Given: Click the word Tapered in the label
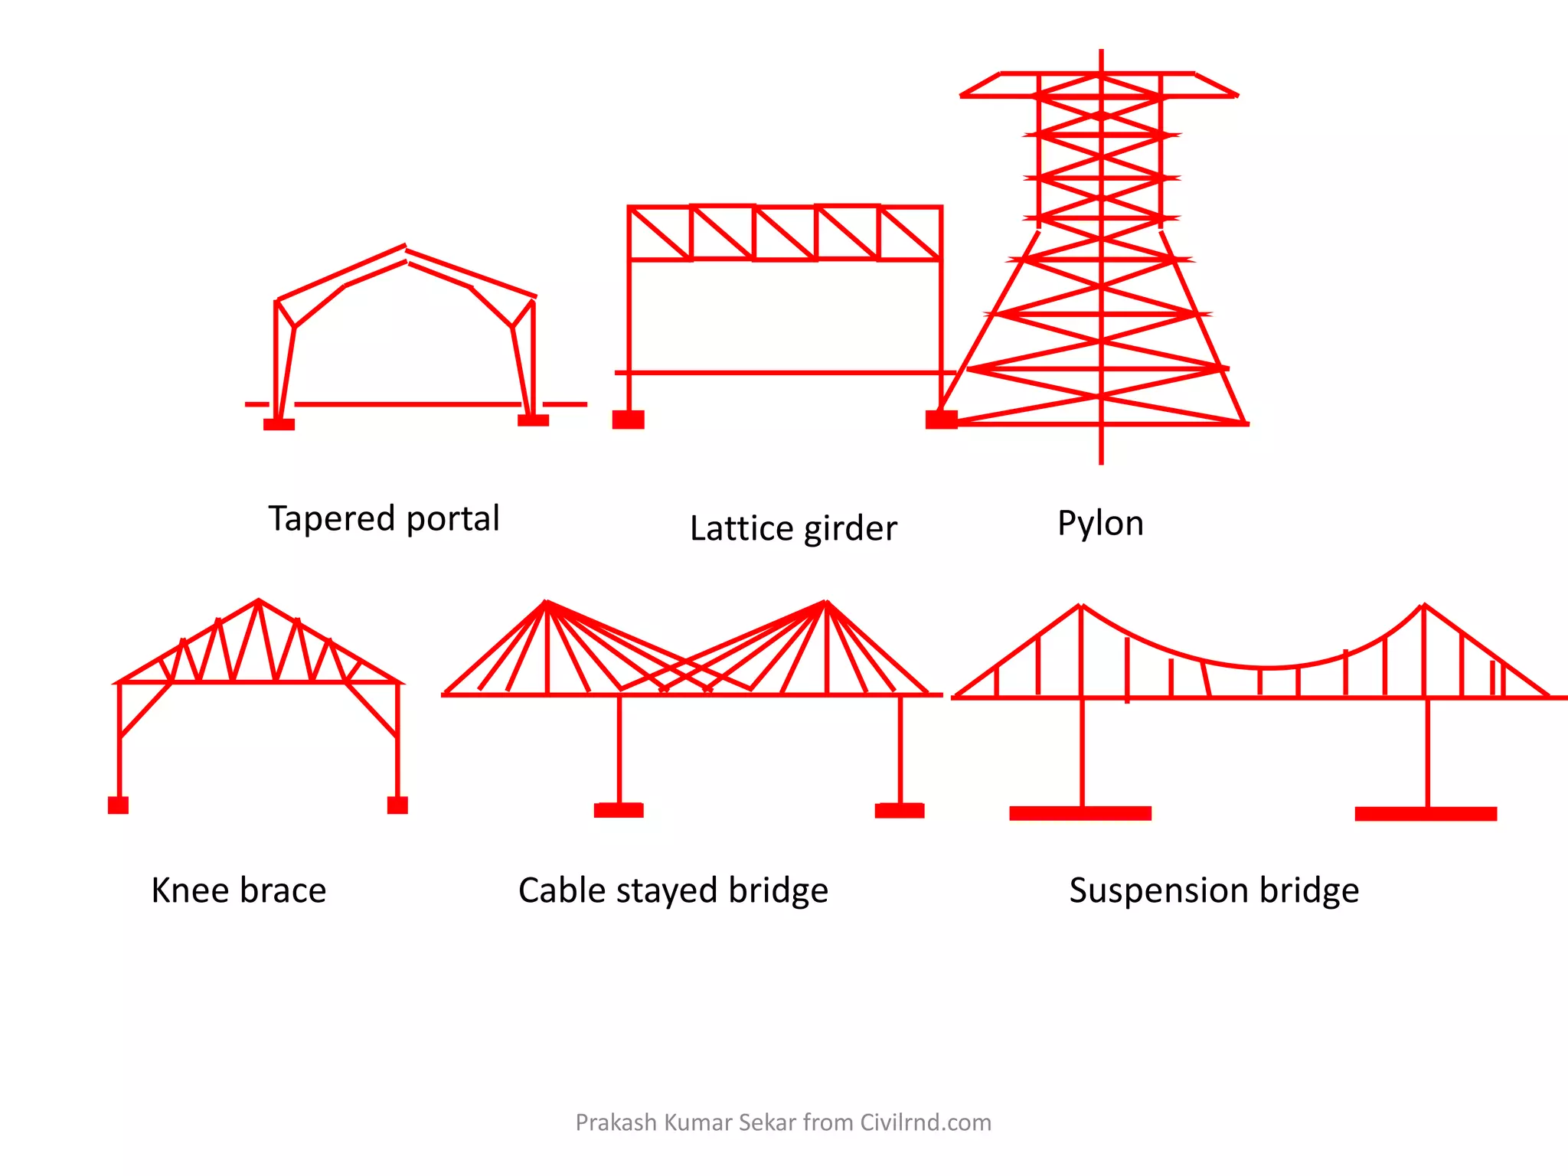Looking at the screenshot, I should click(x=331, y=519).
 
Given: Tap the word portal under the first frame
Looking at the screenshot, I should click(x=452, y=518).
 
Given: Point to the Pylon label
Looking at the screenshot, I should click(x=1100, y=524).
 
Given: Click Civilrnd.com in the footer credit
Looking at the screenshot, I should click(x=925, y=1122).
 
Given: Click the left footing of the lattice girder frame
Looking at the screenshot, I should click(x=628, y=420).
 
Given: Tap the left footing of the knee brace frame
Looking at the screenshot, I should click(x=118, y=805).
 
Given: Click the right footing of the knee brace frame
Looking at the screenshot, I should click(x=397, y=805).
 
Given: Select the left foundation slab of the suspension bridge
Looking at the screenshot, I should click(x=1080, y=813).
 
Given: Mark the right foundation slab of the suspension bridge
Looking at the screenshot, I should click(x=1426, y=814).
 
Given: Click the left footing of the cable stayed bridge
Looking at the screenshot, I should click(x=619, y=810).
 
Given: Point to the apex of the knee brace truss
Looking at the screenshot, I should click(x=259, y=601).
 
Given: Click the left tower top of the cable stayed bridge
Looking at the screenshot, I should click(x=546, y=603).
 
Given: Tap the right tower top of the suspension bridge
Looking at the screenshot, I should click(x=1424, y=606).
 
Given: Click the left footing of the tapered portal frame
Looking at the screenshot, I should click(x=279, y=424).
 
